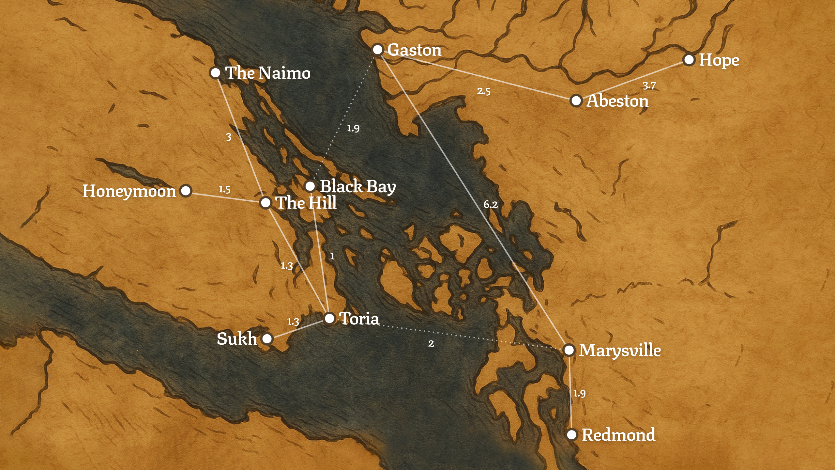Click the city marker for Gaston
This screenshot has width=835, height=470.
pyautogui.click(x=377, y=50)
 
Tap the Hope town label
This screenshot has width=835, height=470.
pyautogui.click(x=719, y=60)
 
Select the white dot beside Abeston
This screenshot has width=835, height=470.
pyautogui.click(x=576, y=101)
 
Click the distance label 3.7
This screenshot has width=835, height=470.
pyautogui.click(x=649, y=86)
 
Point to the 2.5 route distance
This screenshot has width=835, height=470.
pyautogui.click(x=484, y=91)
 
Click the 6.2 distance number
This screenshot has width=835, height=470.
pyautogui.click(x=491, y=205)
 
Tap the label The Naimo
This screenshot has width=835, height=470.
pyautogui.click(x=267, y=73)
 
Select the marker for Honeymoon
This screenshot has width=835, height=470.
pyautogui.click(x=186, y=191)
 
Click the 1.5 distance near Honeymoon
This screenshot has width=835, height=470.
pyautogui.click(x=224, y=189)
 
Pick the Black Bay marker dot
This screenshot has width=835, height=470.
pyautogui.click(x=310, y=186)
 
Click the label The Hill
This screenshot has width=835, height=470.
pyautogui.click(x=306, y=203)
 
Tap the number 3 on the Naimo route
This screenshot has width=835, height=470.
pyautogui.click(x=229, y=137)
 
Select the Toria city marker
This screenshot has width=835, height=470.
pyautogui.click(x=329, y=318)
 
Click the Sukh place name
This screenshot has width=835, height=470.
pyautogui.click(x=237, y=339)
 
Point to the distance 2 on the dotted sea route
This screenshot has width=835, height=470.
pyautogui.click(x=431, y=344)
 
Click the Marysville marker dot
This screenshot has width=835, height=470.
pyautogui.click(x=569, y=350)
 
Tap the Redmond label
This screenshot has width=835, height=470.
pyautogui.click(x=618, y=435)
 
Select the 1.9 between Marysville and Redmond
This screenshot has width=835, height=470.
pyautogui.click(x=579, y=393)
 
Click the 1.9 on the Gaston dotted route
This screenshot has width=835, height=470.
pyautogui.click(x=353, y=128)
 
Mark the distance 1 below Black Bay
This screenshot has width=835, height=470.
pyautogui.click(x=332, y=256)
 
